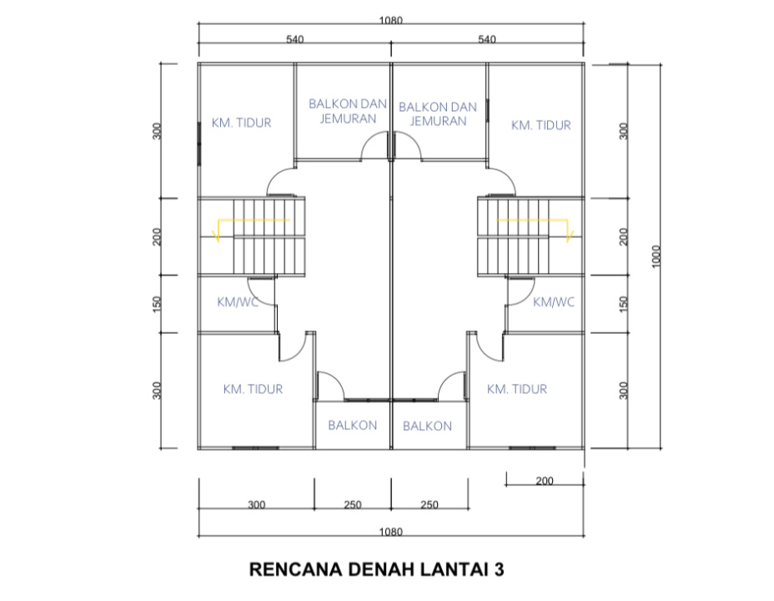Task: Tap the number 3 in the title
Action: (499, 569)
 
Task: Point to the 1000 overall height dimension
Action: (656, 256)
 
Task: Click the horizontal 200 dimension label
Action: (545, 481)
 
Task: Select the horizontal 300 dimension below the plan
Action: (256, 505)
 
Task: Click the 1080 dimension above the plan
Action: (390, 20)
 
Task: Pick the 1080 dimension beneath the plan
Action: (390, 532)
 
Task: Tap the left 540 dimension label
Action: (294, 39)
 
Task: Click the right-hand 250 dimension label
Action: (429, 505)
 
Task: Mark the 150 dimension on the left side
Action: (157, 304)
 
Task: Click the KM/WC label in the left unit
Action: (238, 301)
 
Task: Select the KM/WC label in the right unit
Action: (553, 301)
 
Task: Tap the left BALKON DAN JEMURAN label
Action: (348, 111)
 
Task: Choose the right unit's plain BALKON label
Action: (427, 426)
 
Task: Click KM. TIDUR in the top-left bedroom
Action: (241, 123)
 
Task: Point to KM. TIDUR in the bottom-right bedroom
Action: (517, 389)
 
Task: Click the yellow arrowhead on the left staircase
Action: (216, 237)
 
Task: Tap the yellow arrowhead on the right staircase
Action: (569, 236)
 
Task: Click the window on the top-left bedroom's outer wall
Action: (199, 144)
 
